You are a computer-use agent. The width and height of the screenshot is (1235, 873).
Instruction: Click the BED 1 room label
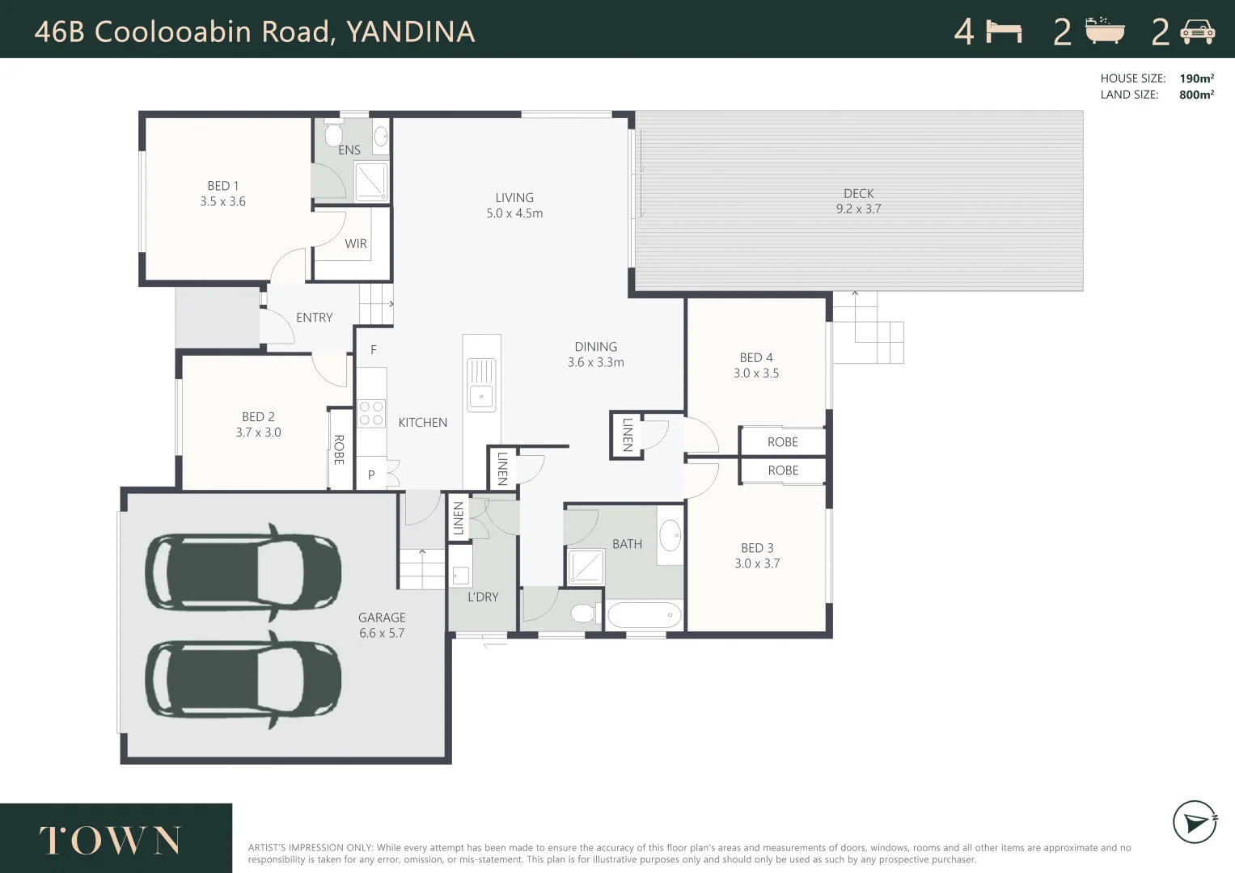point(222,186)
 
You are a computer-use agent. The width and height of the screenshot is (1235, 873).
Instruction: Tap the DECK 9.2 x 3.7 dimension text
point(858,209)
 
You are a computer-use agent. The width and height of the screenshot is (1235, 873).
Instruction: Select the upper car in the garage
point(243,573)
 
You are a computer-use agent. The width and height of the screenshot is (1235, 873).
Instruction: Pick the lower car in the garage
point(243,678)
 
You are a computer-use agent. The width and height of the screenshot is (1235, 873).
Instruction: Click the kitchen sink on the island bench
point(481,385)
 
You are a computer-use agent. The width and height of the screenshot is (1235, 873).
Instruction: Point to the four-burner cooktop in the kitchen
point(371,414)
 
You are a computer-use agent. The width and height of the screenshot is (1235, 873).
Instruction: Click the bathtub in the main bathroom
point(645,615)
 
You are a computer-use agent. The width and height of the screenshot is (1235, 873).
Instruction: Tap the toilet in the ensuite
point(334,133)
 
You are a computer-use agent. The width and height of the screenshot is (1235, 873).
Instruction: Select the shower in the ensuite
point(372,181)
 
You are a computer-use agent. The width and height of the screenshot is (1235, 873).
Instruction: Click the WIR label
point(356,243)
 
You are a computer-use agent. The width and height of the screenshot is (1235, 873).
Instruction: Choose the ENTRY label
point(314,318)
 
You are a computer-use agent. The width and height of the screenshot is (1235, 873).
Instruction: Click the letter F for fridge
point(374,350)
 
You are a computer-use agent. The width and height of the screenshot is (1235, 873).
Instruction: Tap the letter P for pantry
point(371,474)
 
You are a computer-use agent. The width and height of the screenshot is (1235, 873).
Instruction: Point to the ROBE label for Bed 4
point(782,442)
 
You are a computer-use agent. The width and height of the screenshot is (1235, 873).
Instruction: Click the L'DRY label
point(483,597)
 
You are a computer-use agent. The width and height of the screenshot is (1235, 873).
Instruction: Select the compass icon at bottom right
point(1195,822)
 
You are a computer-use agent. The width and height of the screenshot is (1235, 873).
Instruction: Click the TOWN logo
point(111,841)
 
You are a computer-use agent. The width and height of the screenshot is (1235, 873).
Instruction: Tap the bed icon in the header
point(1004,32)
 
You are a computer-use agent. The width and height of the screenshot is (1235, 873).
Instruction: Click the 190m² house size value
point(1196,78)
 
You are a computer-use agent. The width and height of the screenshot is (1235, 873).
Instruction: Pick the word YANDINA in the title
point(410,32)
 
